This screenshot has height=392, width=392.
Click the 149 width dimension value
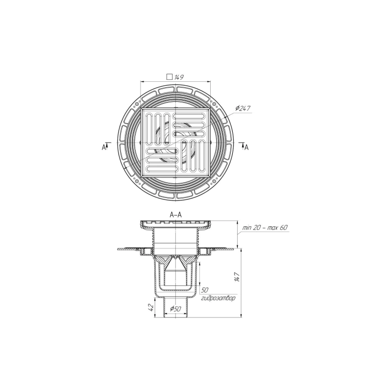[179, 77]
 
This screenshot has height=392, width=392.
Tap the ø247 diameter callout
[243, 109]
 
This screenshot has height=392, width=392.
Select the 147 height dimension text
[237, 277]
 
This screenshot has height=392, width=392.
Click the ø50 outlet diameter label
[175, 309]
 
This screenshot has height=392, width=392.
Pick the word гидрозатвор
[218, 298]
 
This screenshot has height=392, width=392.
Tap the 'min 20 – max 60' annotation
[265, 228]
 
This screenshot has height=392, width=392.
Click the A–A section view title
[176, 215]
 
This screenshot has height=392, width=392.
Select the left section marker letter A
[103, 148]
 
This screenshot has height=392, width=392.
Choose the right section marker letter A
[246, 147]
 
